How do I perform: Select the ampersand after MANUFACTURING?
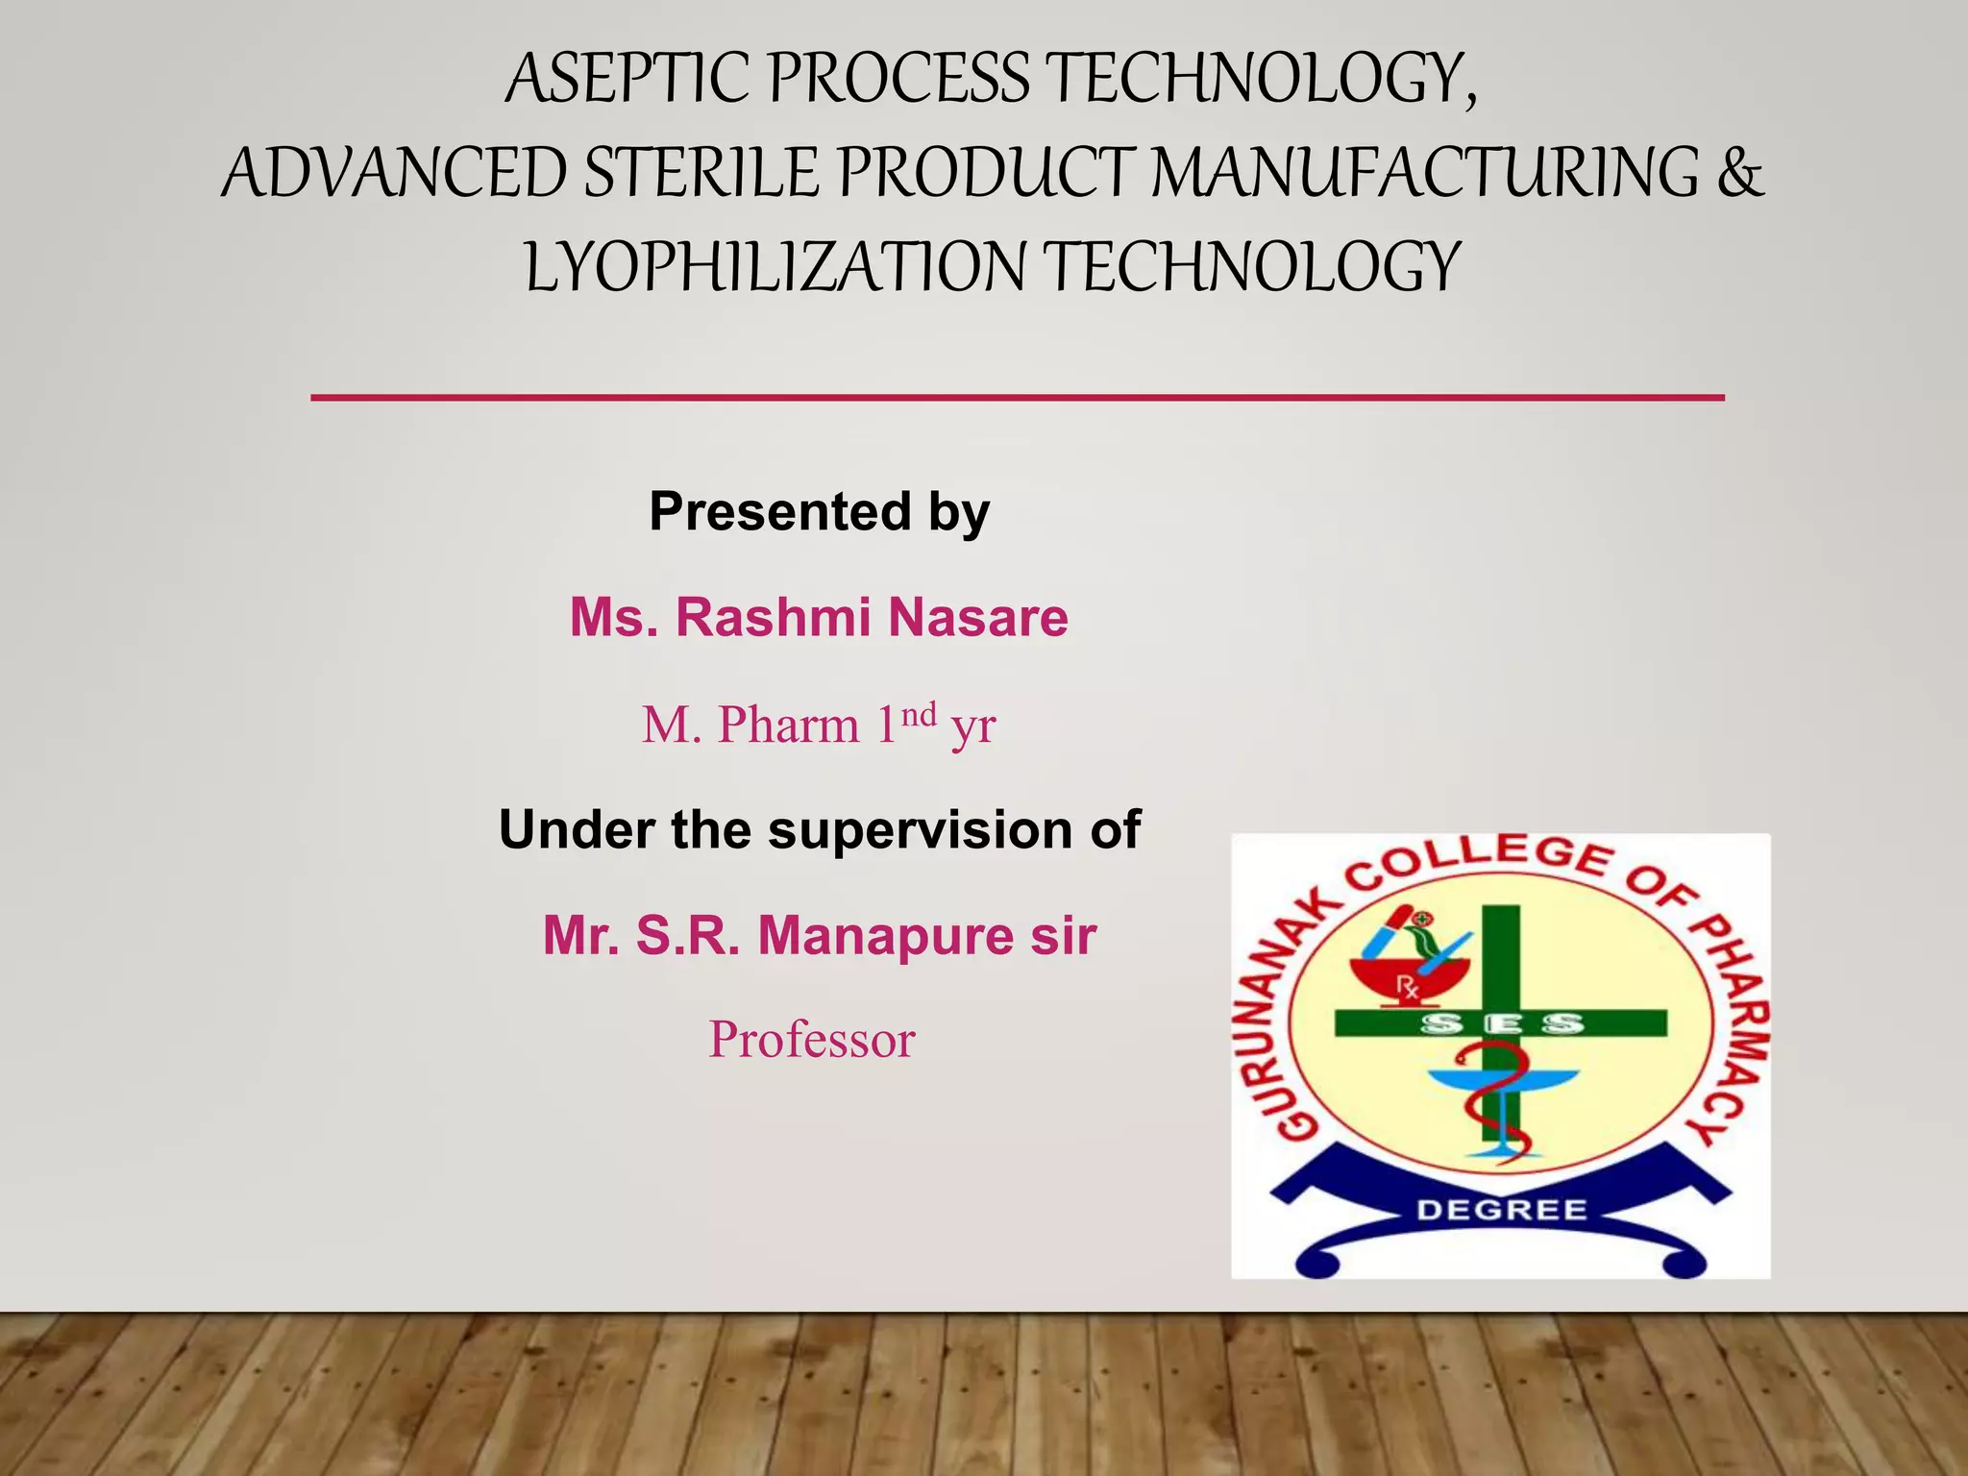(1739, 173)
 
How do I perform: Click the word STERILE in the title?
(701, 173)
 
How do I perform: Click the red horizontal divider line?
(1017, 397)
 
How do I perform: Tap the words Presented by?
(819, 511)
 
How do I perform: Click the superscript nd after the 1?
(919, 714)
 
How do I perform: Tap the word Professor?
(812, 1040)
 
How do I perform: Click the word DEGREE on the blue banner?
(1502, 1210)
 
